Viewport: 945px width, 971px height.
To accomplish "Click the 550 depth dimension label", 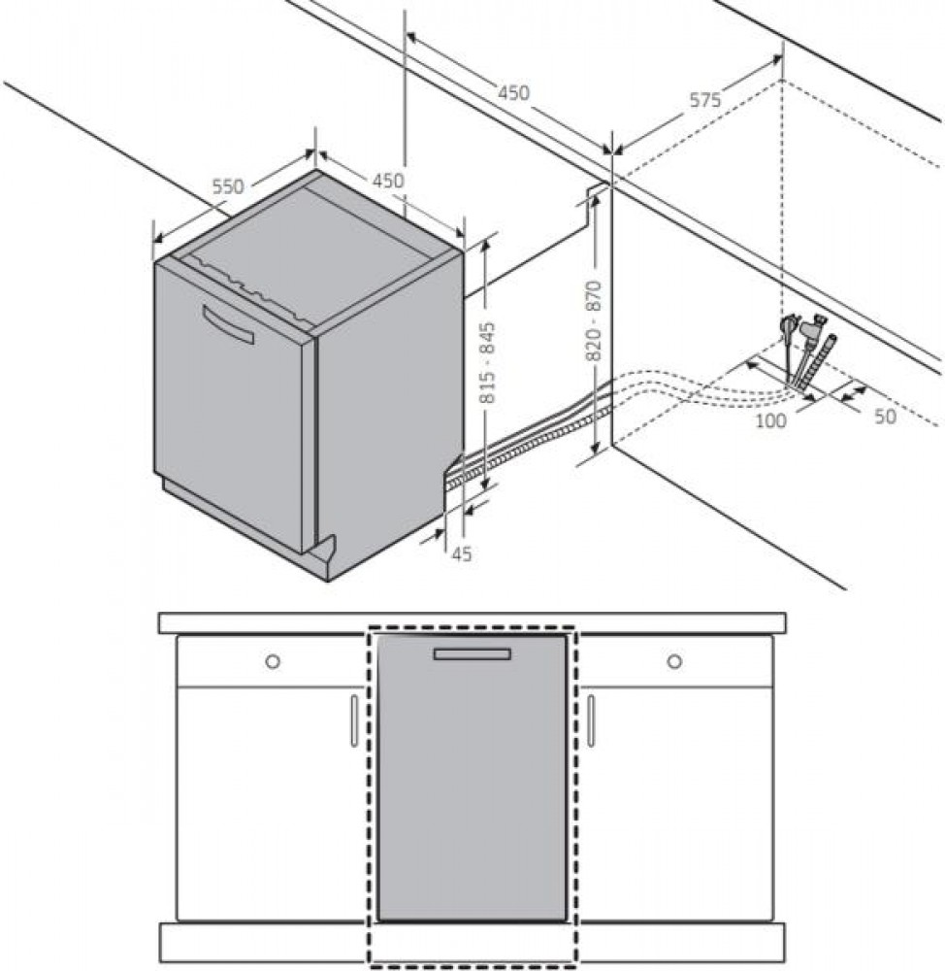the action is pos(228,185).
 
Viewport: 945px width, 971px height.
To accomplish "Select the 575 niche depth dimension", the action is pos(705,99).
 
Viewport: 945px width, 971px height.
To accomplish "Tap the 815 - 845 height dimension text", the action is pos(488,363).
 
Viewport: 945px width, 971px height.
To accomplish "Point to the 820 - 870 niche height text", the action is pos(594,320).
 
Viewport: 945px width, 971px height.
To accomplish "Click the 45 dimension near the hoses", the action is pos(462,553).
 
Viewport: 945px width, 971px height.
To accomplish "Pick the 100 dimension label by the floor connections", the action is pos(771,420).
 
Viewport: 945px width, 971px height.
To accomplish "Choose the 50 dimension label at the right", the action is pos(885,417).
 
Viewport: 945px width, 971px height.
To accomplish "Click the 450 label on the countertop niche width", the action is pos(513,93).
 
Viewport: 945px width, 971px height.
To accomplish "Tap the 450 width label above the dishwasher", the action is pos(387,181).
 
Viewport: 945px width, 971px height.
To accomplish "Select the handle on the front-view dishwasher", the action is pos(472,653).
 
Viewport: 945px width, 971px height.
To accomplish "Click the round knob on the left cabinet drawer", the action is pos(273,661).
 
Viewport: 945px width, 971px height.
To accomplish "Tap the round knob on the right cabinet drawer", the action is pos(674,661).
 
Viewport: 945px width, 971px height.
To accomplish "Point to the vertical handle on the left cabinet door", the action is pos(354,720).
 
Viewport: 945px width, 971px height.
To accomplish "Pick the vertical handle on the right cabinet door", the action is pos(591,720).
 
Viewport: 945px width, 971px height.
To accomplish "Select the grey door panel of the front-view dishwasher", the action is pos(472,778).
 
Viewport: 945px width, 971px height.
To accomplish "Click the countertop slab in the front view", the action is pos(472,623).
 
